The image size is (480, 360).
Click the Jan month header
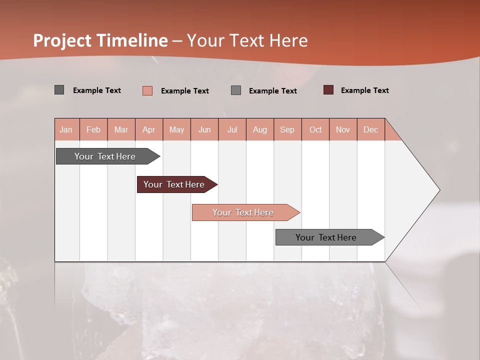66,129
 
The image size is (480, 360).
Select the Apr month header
148,129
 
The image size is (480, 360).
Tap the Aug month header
259,129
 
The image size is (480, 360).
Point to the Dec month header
370,129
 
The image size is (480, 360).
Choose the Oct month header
315,129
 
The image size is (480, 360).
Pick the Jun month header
204,129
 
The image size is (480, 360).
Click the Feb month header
93,129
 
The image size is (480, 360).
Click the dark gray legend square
59,90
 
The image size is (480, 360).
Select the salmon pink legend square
147,90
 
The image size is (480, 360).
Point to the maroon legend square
328,90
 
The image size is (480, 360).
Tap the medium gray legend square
236,90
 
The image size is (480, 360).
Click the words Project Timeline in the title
100,40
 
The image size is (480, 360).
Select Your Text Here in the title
247,40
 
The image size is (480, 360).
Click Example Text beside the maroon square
364,90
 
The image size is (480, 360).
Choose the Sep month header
287,129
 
